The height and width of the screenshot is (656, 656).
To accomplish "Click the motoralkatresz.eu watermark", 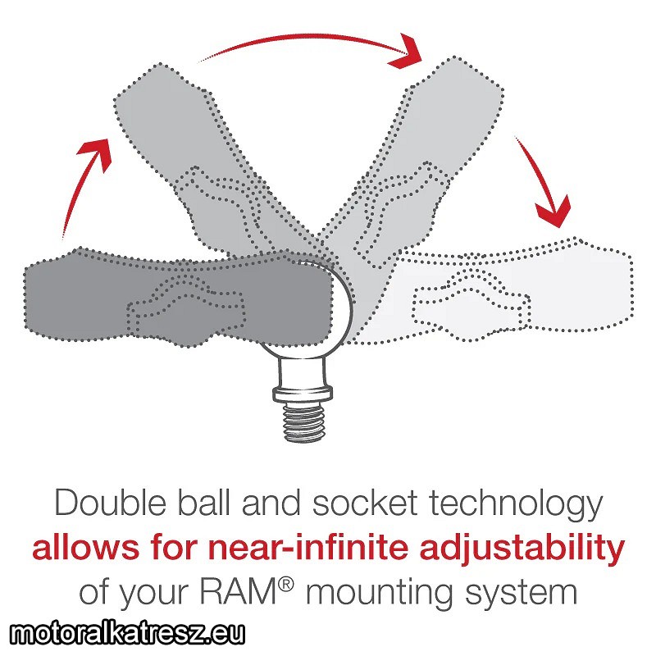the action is point(127,633).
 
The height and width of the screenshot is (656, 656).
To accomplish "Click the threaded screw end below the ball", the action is point(303,421).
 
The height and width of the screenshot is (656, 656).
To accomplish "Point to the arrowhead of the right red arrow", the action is point(553,212).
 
